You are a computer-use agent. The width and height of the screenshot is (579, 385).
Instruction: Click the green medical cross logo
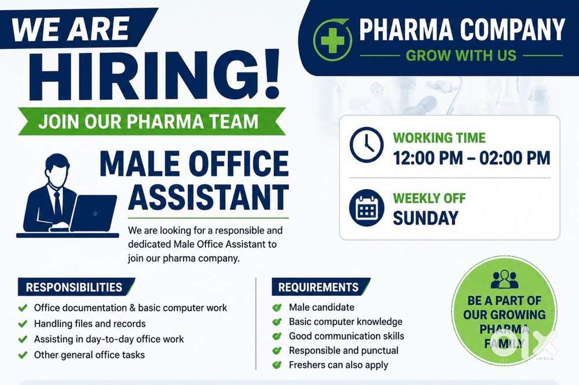332,40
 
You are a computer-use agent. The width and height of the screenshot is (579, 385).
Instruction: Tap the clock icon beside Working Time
367,145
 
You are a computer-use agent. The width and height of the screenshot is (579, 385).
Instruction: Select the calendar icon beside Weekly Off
367,208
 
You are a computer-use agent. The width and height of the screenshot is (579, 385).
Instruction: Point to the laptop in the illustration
93,213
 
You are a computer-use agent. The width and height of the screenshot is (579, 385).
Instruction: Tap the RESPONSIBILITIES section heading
74,287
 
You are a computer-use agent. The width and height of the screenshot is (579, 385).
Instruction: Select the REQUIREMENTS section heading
318,287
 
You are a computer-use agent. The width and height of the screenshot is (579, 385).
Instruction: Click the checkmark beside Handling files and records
23,324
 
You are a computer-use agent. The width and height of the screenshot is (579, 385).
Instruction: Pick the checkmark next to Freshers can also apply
277,365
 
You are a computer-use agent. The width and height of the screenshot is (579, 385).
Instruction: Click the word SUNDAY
426,218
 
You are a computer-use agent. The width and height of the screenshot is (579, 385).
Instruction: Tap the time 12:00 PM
428,158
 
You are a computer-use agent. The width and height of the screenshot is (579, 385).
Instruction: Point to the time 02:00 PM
515,158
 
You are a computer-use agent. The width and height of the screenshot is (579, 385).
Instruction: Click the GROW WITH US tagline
461,56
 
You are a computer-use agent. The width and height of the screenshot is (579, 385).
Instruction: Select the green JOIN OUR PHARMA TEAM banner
151,121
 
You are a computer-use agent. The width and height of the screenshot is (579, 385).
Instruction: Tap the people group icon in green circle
504,280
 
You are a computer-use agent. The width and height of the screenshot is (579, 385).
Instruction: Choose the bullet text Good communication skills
346,336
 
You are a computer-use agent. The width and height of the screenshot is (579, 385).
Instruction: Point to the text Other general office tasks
89,355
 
